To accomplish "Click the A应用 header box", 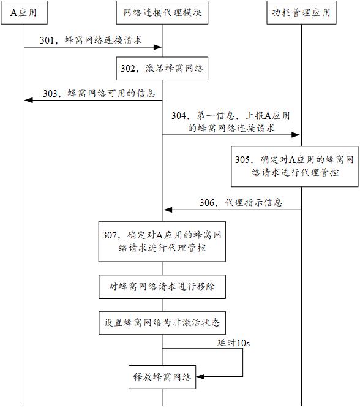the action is click(x=24, y=12).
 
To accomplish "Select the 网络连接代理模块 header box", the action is click(x=162, y=12).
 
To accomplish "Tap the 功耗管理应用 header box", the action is click(x=301, y=12).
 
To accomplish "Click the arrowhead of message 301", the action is click(x=157, y=47).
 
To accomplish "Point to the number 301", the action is click(x=47, y=40).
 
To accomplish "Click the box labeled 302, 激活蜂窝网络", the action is click(x=162, y=68).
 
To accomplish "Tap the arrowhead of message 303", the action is click(x=29, y=100).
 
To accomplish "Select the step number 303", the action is click(x=50, y=93).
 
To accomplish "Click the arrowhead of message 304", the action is click(x=296, y=135).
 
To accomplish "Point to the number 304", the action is click(x=179, y=115).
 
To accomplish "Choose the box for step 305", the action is click(x=294, y=166).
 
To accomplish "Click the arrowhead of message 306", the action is click(x=168, y=210).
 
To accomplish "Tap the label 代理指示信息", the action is click(x=253, y=202).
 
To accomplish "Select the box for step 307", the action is click(x=162, y=242).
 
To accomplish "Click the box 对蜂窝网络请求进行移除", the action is click(x=162, y=287).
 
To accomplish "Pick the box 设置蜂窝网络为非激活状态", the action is click(x=162, y=323).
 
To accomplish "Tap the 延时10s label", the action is click(x=233, y=343).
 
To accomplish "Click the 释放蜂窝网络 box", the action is click(x=162, y=377).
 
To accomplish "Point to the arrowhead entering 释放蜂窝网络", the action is click(x=200, y=376).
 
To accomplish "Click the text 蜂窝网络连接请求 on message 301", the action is click(x=103, y=40).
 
